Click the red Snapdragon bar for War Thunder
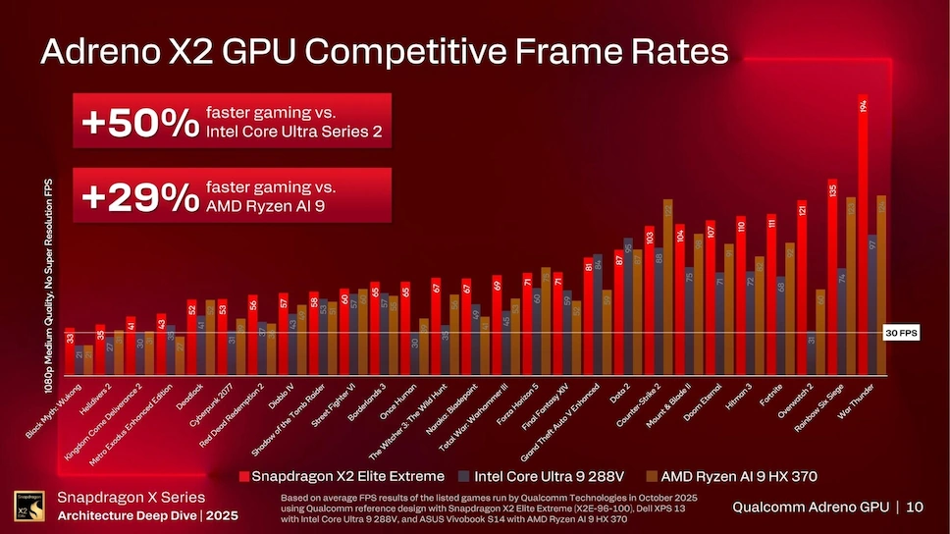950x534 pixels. [x=863, y=236]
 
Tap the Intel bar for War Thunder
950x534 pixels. [x=872, y=304]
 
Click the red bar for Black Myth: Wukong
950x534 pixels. [x=70, y=351]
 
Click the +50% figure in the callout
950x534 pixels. [x=140, y=122]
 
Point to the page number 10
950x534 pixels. [x=915, y=507]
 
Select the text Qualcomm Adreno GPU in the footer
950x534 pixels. [x=811, y=507]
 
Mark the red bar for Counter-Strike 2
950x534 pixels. [x=650, y=300]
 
